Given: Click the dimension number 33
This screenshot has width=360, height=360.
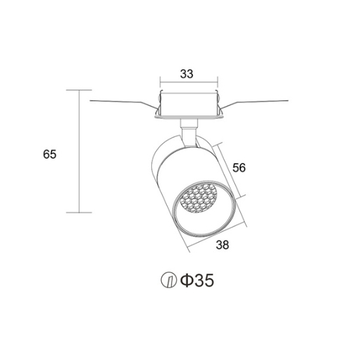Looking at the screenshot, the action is [x=187, y=74].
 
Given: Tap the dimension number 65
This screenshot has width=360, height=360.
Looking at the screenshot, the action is [x=50, y=154].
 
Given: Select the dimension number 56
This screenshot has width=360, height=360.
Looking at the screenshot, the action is [x=239, y=168].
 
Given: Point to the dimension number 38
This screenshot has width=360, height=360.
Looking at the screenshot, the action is [x=223, y=245].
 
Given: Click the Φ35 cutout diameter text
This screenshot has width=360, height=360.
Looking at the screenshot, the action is [x=197, y=281].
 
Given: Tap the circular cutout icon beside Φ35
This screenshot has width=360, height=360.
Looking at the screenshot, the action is [x=169, y=280].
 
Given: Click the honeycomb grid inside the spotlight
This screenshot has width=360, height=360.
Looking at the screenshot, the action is [x=198, y=198].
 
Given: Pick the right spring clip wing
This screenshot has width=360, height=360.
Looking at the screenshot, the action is [x=253, y=106].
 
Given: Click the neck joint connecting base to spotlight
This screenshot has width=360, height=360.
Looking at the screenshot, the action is [x=189, y=133].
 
